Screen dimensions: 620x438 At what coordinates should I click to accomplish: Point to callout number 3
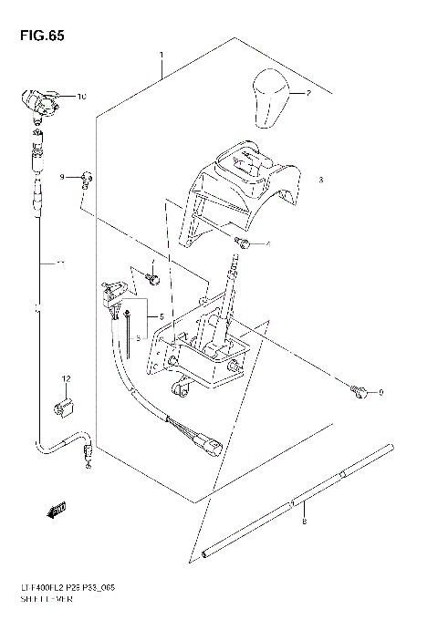321,180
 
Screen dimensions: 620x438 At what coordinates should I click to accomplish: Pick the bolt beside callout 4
244,242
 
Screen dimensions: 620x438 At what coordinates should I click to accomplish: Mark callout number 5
162,316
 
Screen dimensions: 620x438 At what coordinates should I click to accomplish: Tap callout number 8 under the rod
303,522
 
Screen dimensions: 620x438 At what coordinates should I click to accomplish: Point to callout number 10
81,96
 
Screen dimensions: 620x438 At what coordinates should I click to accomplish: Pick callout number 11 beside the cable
60,265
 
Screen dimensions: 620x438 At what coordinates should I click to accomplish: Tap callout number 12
66,377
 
